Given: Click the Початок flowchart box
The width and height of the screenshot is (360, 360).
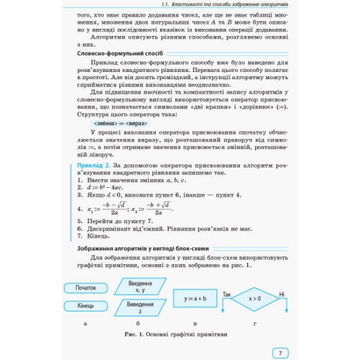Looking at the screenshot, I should coord(85,288).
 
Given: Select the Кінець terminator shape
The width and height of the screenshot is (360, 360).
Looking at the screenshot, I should coord(85,306).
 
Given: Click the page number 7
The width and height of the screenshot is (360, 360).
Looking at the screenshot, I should coord(280,353).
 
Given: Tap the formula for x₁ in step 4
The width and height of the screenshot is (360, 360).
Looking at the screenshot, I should coord(106,209).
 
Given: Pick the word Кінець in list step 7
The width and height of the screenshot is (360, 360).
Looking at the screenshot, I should coord(97,235).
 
